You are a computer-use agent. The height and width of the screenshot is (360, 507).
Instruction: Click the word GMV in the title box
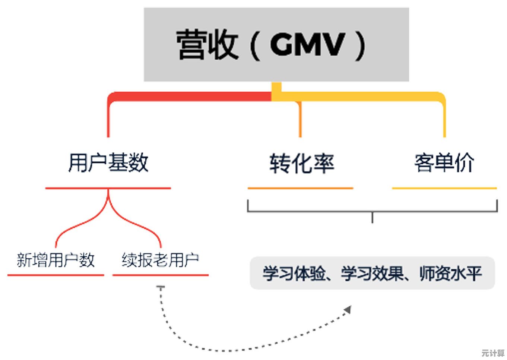click(x=307, y=45)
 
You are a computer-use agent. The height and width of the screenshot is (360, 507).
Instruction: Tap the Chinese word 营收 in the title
click(x=207, y=45)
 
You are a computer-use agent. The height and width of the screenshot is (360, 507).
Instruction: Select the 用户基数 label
click(x=108, y=163)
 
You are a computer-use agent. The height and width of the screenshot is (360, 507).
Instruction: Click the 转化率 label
click(x=302, y=163)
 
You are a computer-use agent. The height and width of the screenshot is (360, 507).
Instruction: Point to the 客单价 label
click(x=444, y=163)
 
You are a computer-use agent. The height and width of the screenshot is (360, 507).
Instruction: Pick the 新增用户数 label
click(x=56, y=260)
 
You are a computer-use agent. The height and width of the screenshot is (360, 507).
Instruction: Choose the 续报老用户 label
click(x=160, y=260)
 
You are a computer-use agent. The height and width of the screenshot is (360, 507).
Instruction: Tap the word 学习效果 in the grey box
click(x=372, y=274)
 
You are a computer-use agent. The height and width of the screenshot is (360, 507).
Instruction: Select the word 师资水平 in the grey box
click(x=451, y=274)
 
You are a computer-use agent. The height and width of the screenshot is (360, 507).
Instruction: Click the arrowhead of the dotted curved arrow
click(x=348, y=310)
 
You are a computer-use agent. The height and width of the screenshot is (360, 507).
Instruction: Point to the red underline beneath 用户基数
click(x=108, y=188)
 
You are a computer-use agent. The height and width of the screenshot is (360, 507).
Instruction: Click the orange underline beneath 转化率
click(x=300, y=188)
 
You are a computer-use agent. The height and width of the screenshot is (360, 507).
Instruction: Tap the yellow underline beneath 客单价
click(x=444, y=188)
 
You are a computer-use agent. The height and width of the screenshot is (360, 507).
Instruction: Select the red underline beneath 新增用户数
click(x=56, y=275)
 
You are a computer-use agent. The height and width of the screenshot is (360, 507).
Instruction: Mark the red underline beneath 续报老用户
click(x=160, y=275)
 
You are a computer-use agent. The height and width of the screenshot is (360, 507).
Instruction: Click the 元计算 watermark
click(x=492, y=353)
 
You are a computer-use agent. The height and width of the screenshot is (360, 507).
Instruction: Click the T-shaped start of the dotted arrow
click(x=161, y=288)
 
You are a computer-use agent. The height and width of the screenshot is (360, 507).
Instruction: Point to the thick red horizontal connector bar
click(x=190, y=97)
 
